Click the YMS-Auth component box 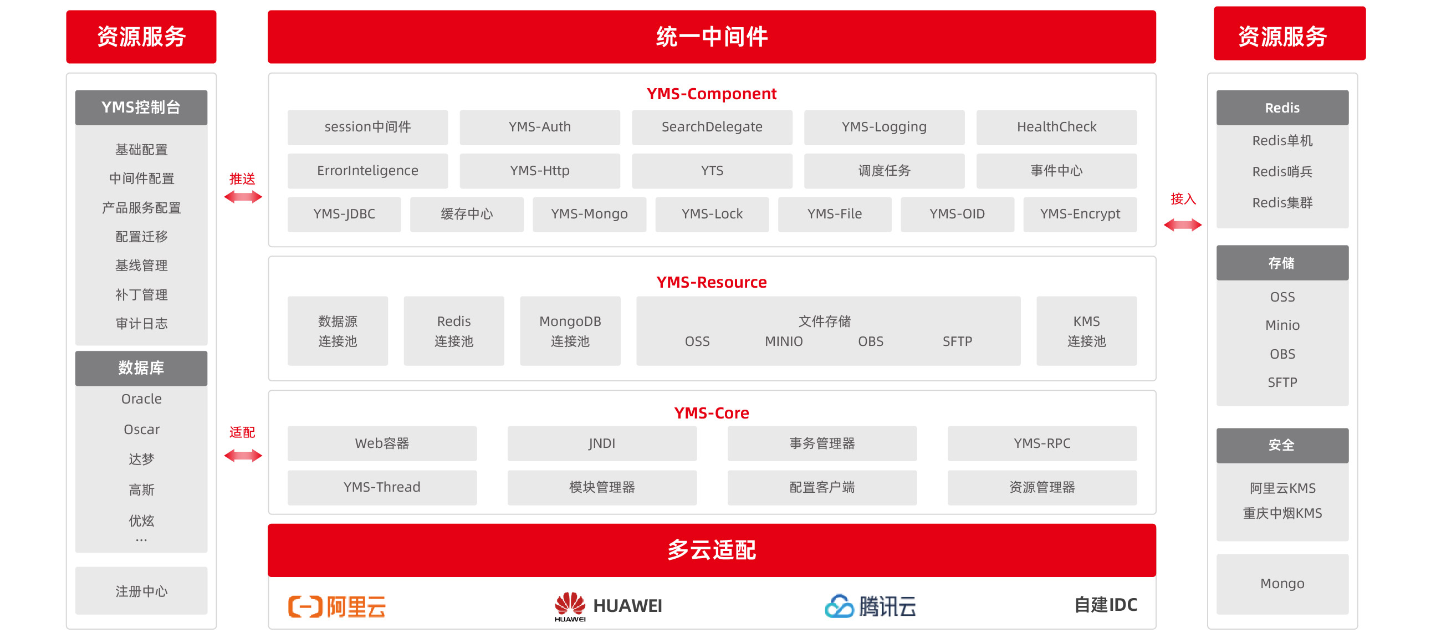point(539,127)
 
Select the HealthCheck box point(1056,127)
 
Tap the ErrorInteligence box point(367,171)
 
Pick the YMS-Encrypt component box point(1080,214)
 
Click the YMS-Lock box point(712,214)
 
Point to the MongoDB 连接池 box point(570,331)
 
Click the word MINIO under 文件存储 point(783,341)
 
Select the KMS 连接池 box point(1086,331)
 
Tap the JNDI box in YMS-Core point(602,443)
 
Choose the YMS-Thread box point(382,487)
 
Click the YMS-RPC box point(1041,443)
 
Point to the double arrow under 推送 point(243,197)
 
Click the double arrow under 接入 point(1183,225)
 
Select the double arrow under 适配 point(243,456)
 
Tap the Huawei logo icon point(570,604)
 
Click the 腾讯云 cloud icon point(839,606)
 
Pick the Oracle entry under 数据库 point(141,399)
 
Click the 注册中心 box point(141,591)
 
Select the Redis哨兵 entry point(1281,172)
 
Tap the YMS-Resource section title point(711,282)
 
